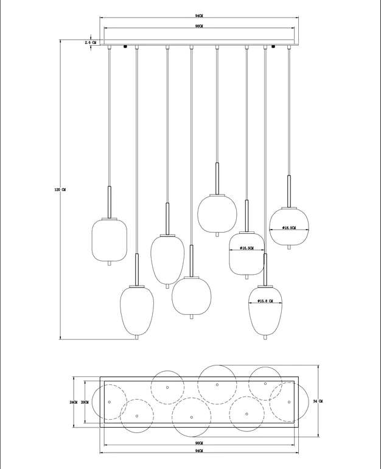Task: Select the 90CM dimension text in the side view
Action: point(199,27)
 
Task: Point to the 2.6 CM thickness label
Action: point(90,42)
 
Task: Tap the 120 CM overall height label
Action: point(60,190)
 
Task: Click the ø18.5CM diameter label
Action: point(288,228)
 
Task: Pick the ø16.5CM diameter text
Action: point(246,249)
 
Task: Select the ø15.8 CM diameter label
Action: point(265,301)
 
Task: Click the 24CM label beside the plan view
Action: point(74,402)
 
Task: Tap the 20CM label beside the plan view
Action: point(85,402)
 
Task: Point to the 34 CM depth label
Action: point(317,401)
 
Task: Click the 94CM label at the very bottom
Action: point(199,453)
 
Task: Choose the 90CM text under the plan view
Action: point(199,443)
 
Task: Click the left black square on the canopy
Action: point(125,46)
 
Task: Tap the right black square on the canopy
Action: point(274,46)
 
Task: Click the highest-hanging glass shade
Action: point(217,214)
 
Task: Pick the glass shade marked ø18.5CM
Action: point(289,227)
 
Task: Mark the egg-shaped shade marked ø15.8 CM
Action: point(265,309)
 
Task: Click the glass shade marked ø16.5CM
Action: point(246,253)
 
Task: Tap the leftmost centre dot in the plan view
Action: point(110,402)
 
